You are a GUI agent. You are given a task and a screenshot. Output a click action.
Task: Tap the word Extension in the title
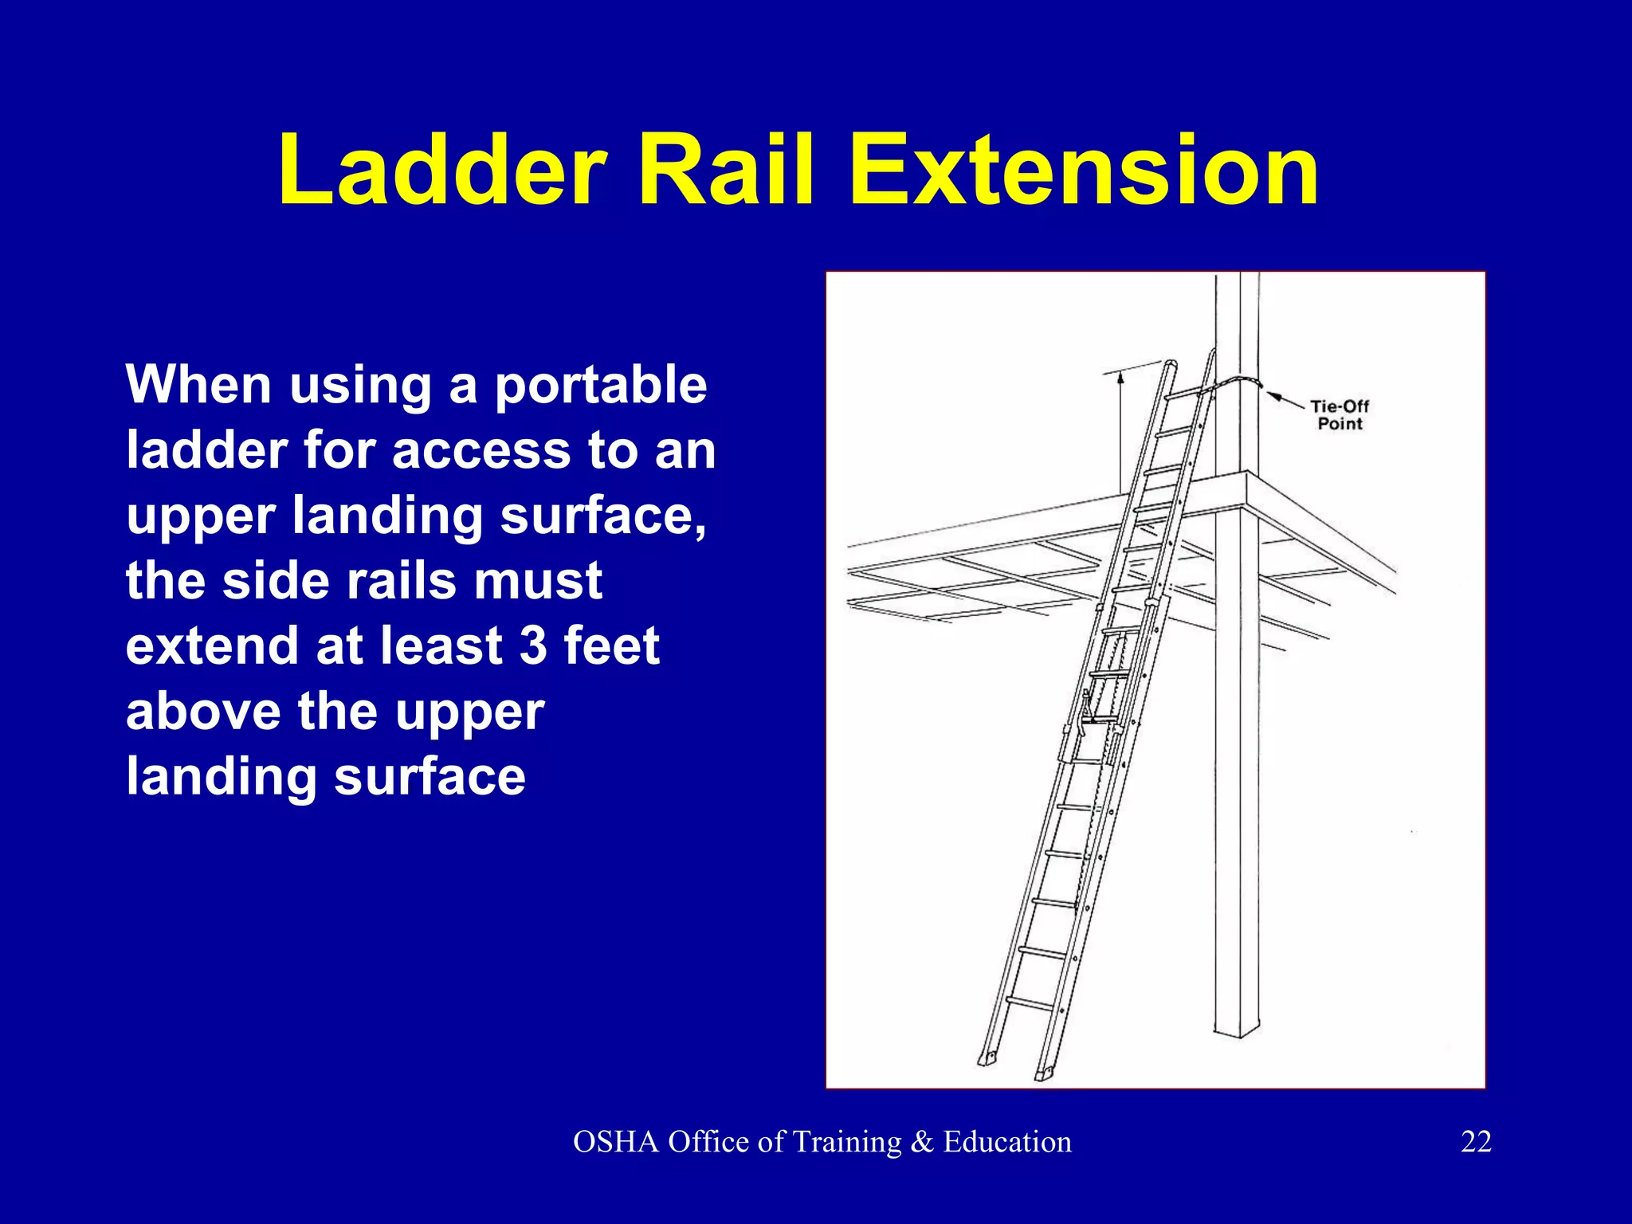coord(1084,171)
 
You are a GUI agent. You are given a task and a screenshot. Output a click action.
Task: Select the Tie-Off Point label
coord(1340,414)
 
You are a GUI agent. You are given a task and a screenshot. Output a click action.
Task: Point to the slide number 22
coord(1476,1142)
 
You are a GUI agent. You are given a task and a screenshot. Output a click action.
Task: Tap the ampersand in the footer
coord(921,1142)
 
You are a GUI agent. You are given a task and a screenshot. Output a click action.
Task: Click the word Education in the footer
coord(1007,1142)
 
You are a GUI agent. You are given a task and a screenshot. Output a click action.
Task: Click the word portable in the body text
coord(601,386)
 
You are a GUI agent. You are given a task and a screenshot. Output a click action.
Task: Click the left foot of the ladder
coord(988,1057)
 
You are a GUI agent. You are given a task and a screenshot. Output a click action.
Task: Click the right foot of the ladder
coord(1045,1073)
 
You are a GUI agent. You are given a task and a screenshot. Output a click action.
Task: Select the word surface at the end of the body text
coord(430,777)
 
